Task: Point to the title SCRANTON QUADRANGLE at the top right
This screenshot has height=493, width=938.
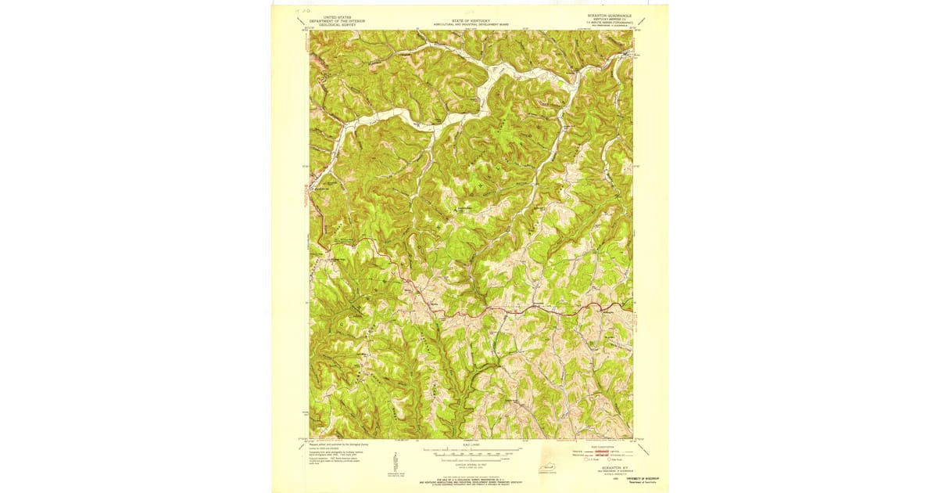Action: (607, 15)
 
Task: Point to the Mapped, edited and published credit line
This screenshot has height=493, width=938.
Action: (332, 442)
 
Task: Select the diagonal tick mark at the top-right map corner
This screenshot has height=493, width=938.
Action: (643, 21)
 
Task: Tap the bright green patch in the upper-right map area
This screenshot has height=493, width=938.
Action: (560, 80)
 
